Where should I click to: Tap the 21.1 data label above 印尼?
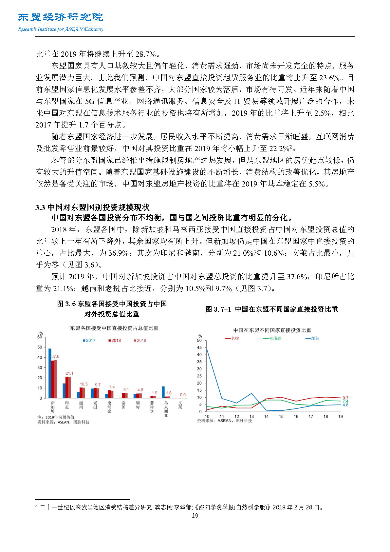point(69,373)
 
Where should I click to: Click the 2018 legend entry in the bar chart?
point(115,341)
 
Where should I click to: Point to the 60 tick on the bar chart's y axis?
point(40,337)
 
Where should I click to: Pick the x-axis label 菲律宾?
point(152,407)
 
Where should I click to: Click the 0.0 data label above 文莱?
point(183,395)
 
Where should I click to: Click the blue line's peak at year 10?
point(207,349)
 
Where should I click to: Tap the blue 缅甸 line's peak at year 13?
point(251,393)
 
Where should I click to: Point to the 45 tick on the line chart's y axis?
point(199,347)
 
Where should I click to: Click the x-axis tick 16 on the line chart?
point(296,417)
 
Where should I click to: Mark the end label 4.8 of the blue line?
point(345,405)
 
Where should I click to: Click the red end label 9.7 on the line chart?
point(345,398)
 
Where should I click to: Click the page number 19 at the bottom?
point(195,516)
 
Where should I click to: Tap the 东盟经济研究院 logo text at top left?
point(61,17)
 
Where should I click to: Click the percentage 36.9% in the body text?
point(119,253)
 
